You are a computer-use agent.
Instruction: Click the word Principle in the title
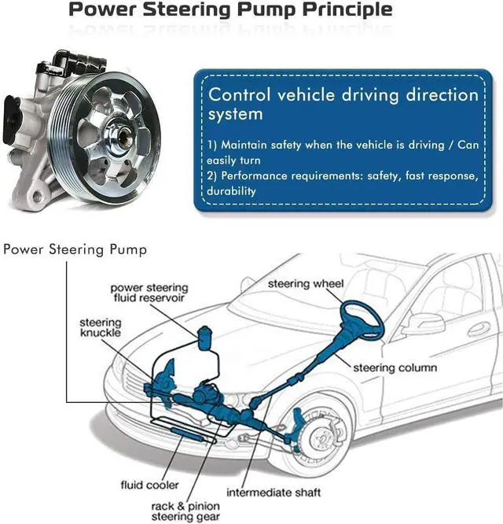click(347, 9)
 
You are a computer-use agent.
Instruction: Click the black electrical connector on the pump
click(12, 119)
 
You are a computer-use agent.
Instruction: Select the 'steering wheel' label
click(306, 284)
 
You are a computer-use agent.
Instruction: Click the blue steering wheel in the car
click(362, 320)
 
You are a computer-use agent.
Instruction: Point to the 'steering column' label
click(395, 368)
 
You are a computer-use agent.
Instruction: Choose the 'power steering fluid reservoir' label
click(149, 293)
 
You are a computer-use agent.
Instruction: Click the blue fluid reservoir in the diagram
click(204, 338)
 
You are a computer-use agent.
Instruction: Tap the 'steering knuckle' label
click(101, 327)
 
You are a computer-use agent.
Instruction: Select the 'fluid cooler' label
click(149, 485)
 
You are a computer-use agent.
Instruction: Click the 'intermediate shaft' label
click(274, 493)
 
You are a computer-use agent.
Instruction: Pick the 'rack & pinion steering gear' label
click(185, 511)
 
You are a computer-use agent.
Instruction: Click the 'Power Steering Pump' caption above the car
click(75, 249)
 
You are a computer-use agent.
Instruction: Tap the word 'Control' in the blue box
click(239, 94)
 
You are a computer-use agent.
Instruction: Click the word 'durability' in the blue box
click(231, 191)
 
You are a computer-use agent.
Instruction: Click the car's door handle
click(479, 330)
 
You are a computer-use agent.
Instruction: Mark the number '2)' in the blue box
click(212, 175)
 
